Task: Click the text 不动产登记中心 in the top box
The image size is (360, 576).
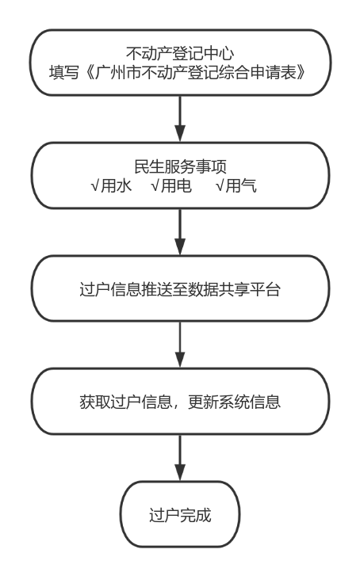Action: coord(180,54)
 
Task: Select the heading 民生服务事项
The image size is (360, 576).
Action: coord(180,166)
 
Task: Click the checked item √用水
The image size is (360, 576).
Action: coord(111,185)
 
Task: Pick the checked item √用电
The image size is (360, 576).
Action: coord(171,185)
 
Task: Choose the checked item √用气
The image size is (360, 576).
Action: coord(236,185)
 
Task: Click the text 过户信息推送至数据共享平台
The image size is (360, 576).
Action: coord(180,289)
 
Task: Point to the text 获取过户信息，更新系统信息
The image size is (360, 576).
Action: coord(180,402)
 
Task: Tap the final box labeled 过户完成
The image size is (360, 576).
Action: coord(180,514)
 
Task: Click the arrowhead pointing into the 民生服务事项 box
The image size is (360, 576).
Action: coord(180,133)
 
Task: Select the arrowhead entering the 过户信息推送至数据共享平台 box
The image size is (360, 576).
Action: coord(180,246)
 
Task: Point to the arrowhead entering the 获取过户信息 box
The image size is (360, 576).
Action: coord(180,359)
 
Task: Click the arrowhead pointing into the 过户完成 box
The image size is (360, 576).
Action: coord(180,472)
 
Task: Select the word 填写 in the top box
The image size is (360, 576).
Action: coord(64,72)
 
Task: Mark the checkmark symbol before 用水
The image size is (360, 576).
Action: coord(95,186)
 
